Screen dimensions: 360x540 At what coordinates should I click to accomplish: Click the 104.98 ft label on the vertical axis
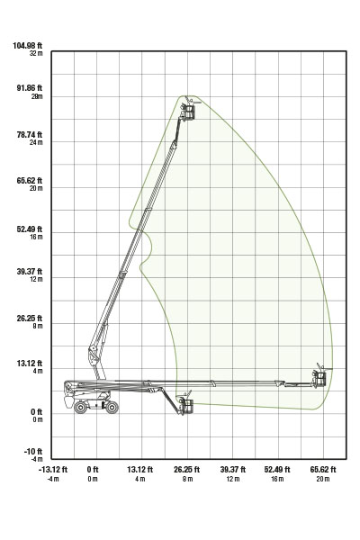point(28,46)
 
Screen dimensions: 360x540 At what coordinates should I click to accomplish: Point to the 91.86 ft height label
point(30,88)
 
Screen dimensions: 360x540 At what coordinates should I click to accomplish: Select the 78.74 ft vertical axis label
point(30,135)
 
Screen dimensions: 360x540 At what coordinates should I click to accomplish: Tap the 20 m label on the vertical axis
point(36,188)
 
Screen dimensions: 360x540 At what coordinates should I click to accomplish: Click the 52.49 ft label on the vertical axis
point(30,229)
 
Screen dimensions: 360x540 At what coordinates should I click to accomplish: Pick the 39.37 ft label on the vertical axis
point(30,272)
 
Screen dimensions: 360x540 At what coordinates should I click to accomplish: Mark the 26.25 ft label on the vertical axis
point(30,318)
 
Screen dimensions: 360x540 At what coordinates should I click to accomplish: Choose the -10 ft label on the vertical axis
point(33,452)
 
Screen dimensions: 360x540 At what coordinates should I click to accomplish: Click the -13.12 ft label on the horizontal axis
point(53,470)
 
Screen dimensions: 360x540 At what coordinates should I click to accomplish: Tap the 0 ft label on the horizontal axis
point(93,470)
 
